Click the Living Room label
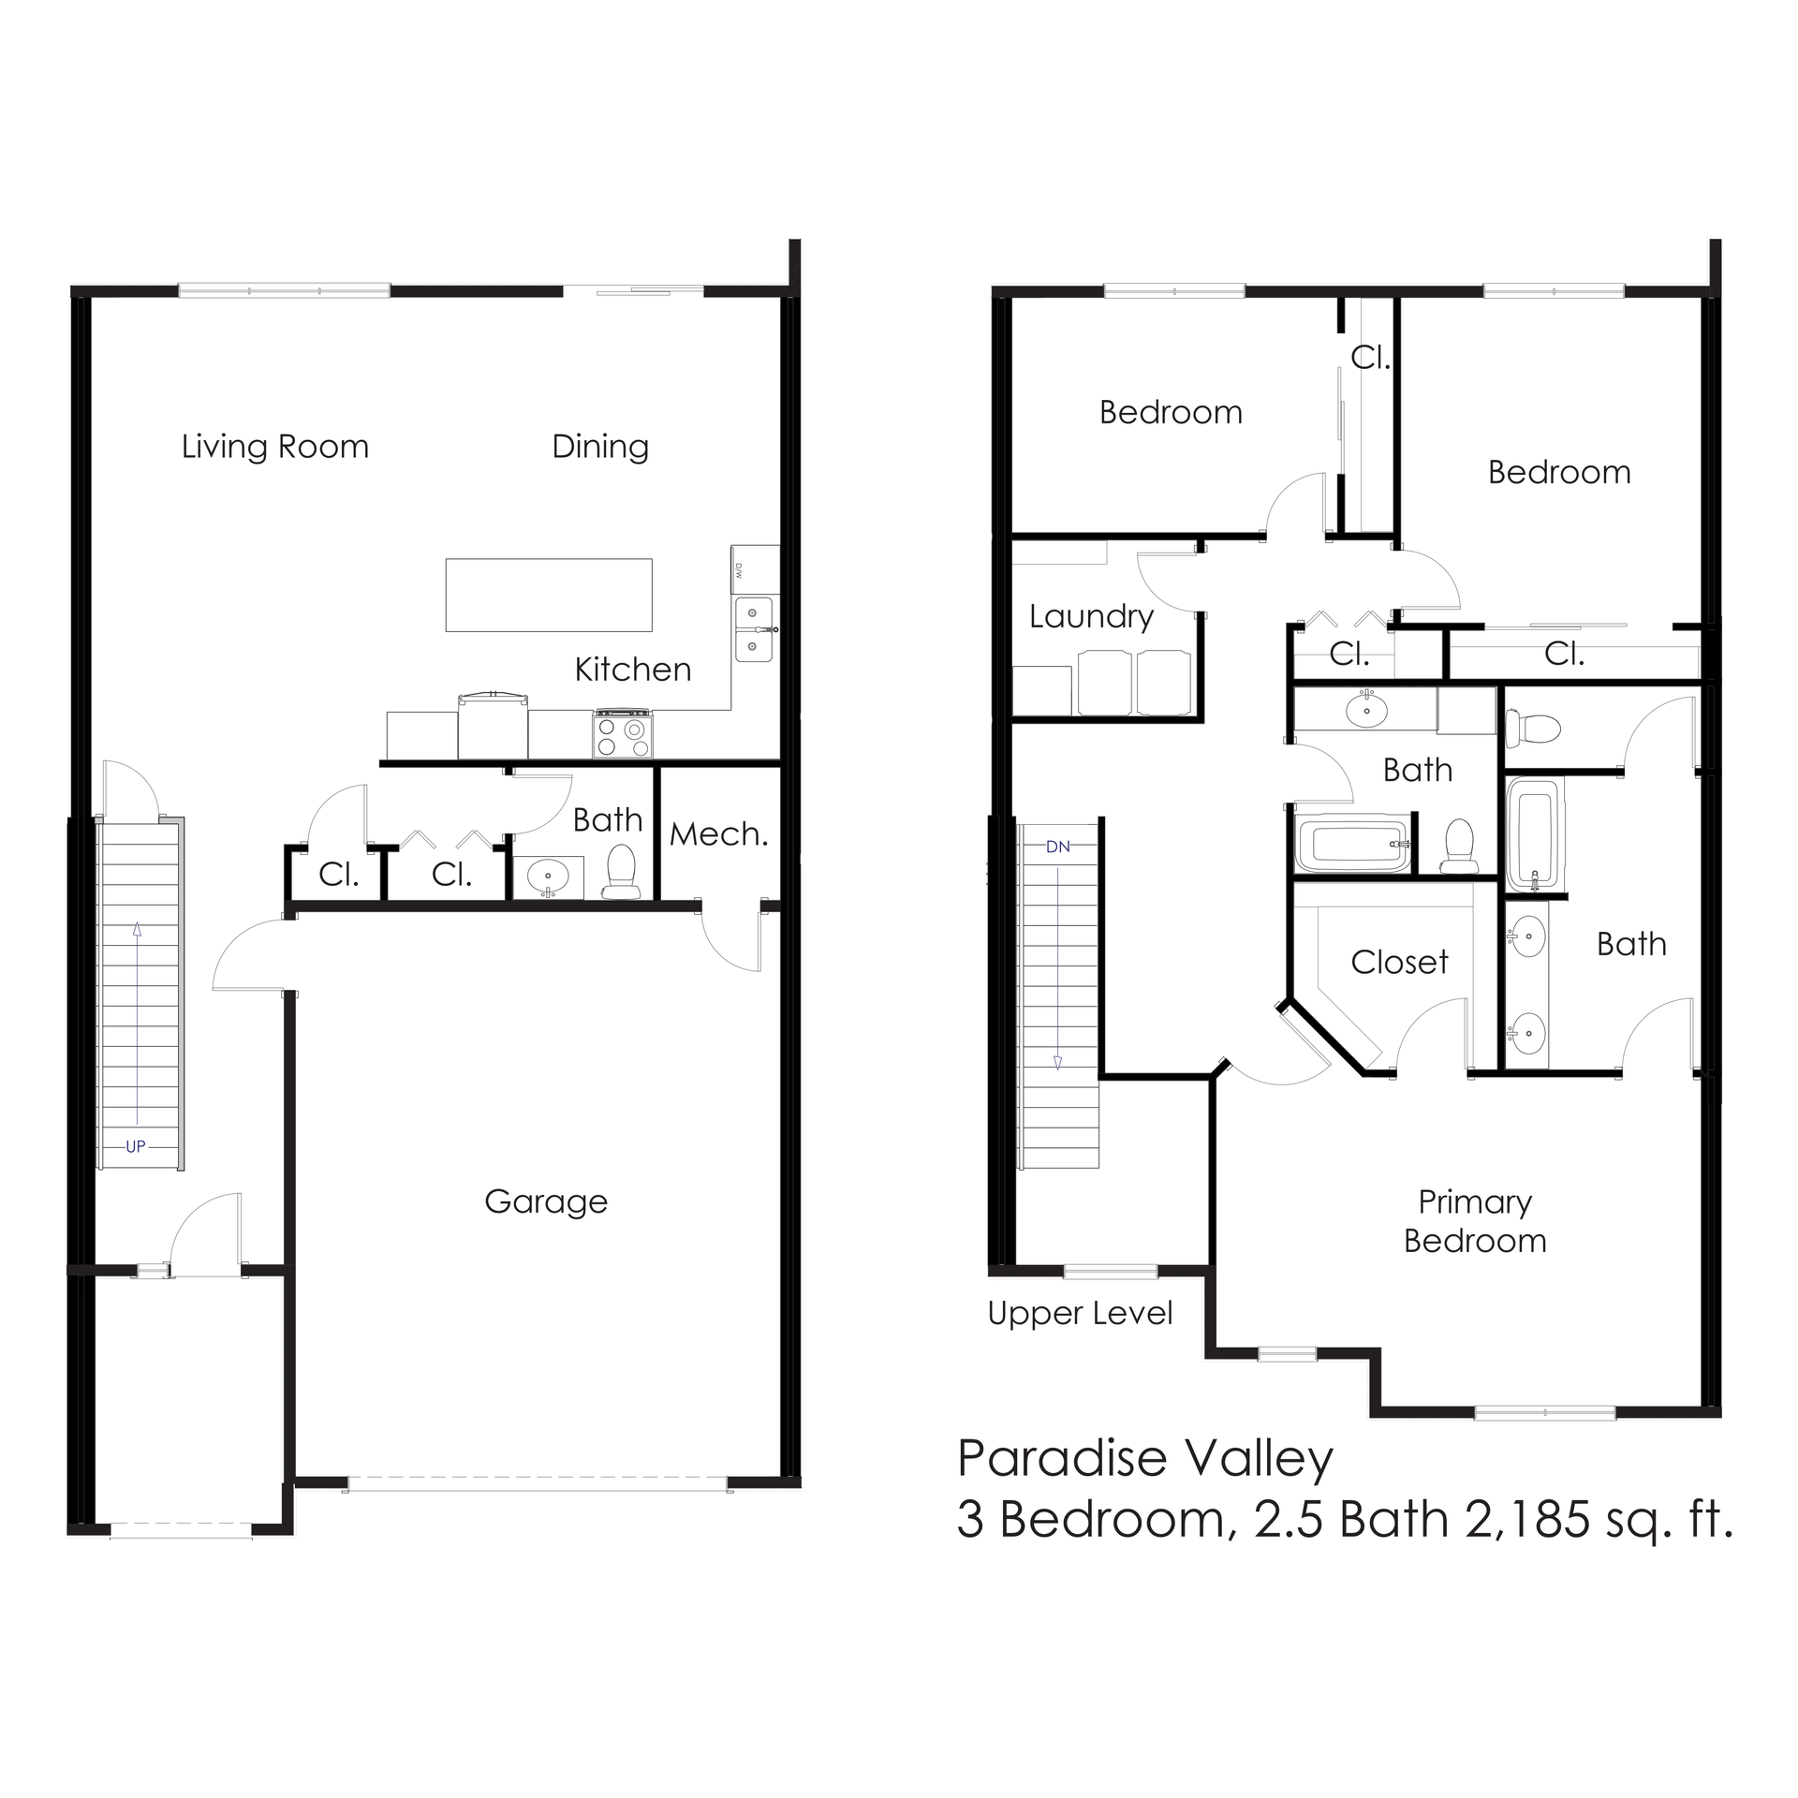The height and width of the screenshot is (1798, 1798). coord(274,447)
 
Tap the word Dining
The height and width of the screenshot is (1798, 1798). coord(600,447)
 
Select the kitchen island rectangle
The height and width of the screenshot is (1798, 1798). coord(549,596)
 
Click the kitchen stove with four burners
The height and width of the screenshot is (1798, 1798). coord(623,734)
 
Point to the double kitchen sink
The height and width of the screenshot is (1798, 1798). coord(753,629)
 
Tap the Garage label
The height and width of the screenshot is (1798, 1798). coord(546,1201)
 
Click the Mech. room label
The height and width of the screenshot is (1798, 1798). coord(718,833)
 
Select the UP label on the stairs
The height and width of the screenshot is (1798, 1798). coord(136,1146)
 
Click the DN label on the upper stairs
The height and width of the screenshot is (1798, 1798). coord(1057,847)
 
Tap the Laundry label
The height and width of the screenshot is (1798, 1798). coord(1091,616)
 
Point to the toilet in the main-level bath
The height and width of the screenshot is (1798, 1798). coord(619,873)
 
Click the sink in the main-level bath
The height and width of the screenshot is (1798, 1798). coord(548,878)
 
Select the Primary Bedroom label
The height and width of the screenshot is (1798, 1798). coord(1475,1221)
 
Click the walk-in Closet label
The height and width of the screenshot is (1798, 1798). coord(1399,962)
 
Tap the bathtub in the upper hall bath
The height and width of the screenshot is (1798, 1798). coord(1351,846)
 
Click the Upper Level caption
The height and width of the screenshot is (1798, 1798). coord(1080,1314)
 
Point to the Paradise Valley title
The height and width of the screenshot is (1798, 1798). coord(1145,1458)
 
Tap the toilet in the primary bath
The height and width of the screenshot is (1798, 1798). coord(1532,728)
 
